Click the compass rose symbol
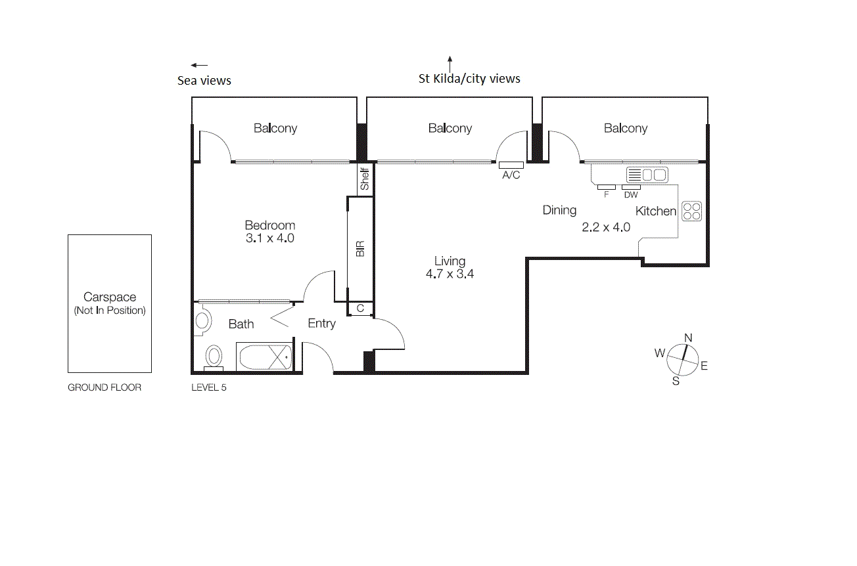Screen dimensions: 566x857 click(683, 360)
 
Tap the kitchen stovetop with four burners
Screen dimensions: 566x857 click(691, 211)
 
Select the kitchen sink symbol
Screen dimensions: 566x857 click(647, 175)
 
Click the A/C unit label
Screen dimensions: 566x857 click(511, 175)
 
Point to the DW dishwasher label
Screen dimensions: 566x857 click(631, 195)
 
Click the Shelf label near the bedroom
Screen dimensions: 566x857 click(365, 179)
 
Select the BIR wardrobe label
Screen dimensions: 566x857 click(359, 249)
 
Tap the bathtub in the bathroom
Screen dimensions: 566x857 click(264, 358)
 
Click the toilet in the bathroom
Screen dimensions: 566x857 click(214, 357)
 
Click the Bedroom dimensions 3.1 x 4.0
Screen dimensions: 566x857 click(269, 238)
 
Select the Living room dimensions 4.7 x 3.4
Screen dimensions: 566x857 click(450, 274)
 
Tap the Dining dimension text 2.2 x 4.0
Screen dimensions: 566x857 click(606, 227)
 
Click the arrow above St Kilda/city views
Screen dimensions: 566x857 click(450, 64)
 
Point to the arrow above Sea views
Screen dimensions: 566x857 click(199, 65)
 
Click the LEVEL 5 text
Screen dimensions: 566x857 click(208, 387)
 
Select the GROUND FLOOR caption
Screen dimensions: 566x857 click(104, 387)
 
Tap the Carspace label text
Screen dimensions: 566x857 click(110, 297)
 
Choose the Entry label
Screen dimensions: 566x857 click(321, 323)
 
